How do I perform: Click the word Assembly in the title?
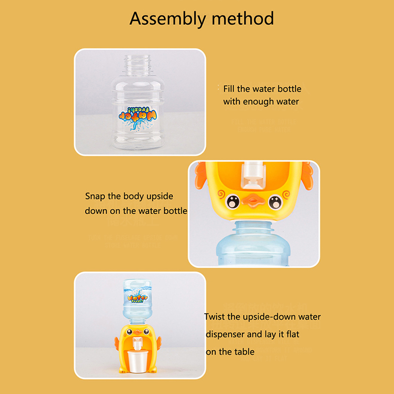(167, 19)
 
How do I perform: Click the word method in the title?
(243, 18)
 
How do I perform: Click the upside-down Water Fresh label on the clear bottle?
(138, 118)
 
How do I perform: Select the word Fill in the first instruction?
(229, 89)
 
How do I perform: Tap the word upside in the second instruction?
(160, 196)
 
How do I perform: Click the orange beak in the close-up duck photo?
(254, 200)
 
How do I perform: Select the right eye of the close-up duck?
(275, 202)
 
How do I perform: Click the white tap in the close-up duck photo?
(253, 175)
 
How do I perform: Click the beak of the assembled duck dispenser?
(137, 332)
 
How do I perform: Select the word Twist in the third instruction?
(215, 317)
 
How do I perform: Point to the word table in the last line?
(244, 352)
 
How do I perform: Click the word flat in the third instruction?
(293, 334)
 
